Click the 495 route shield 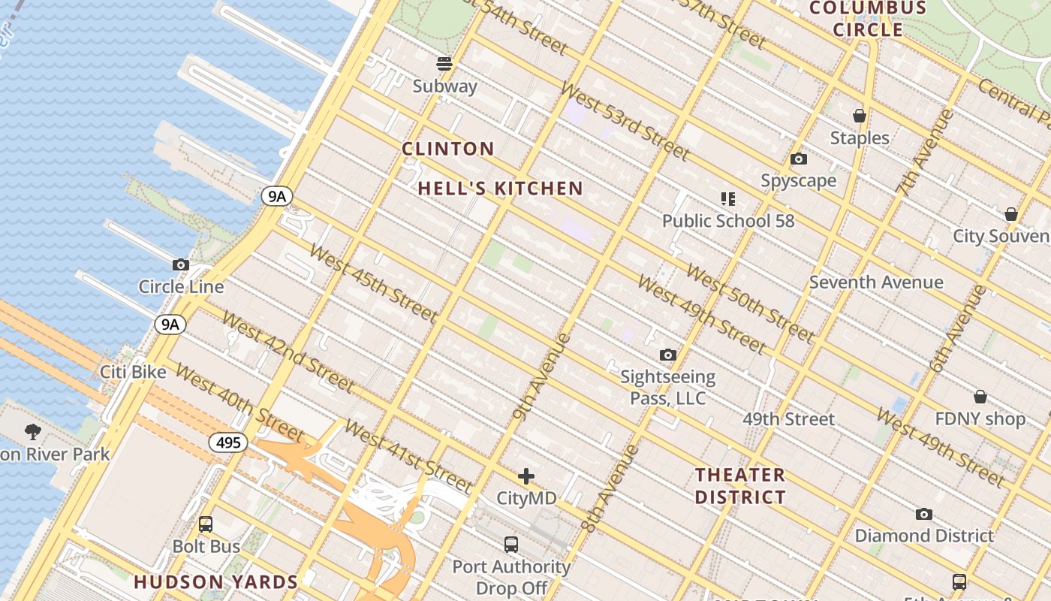(228, 442)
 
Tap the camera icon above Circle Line (181, 264)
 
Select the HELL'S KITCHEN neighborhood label (500, 189)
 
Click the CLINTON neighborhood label (448, 149)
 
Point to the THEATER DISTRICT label (740, 486)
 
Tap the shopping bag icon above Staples (860, 116)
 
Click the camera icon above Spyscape (799, 159)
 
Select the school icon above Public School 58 (727, 199)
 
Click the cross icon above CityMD (526, 476)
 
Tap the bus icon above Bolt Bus (206, 524)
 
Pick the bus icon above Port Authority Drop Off (511, 545)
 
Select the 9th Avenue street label (542, 376)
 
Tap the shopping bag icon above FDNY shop (980, 397)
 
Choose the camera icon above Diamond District (924, 514)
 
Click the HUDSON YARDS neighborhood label (216, 582)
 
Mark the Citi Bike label (134, 372)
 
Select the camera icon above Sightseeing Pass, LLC (667, 355)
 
